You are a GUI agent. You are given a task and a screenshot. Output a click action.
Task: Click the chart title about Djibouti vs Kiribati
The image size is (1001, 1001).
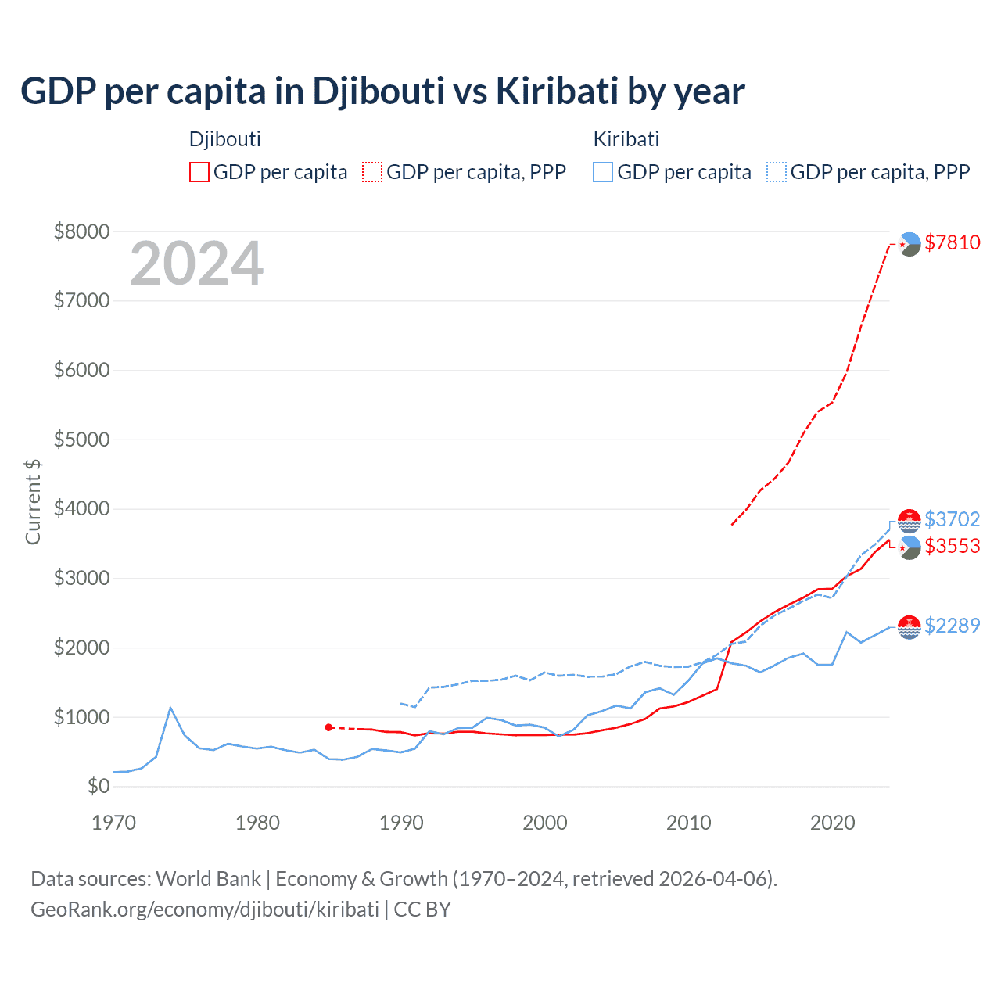(382, 91)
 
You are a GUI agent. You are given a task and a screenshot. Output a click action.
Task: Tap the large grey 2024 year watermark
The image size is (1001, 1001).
(196, 264)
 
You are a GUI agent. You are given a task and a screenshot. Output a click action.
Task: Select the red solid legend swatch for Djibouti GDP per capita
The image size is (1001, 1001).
(199, 172)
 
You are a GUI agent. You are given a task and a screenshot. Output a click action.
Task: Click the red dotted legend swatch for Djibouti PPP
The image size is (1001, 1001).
(373, 172)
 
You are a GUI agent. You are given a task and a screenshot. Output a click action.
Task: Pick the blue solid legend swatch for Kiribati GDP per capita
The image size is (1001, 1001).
(603, 172)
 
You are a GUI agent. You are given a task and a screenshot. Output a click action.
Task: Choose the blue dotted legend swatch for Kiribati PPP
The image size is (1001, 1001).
(777, 172)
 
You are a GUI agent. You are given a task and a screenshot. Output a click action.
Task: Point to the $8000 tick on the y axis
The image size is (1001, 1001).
(81, 231)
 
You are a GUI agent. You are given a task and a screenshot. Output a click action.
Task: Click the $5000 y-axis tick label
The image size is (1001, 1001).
(81, 440)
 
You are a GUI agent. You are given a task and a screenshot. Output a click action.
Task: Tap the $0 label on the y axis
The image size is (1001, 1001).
(98, 786)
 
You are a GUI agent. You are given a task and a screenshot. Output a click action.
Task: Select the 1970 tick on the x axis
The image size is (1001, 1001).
(114, 823)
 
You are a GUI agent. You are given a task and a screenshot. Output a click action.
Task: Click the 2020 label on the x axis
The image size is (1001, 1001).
(832, 823)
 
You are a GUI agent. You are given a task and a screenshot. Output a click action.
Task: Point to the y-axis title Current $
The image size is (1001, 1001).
(33, 502)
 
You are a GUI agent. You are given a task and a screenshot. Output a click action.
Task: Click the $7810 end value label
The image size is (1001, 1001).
(952, 242)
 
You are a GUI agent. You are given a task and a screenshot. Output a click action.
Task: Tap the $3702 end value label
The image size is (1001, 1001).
(952, 519)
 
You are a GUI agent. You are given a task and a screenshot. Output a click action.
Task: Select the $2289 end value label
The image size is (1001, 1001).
(952, 626)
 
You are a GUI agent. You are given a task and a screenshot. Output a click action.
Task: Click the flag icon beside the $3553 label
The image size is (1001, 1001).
(910, 547)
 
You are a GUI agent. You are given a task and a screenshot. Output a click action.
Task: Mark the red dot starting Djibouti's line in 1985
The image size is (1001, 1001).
(328, 727)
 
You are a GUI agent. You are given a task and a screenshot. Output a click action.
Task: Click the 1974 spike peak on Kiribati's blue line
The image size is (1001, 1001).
(170, 708)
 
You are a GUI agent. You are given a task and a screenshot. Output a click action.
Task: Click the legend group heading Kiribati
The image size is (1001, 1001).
(626, 139)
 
